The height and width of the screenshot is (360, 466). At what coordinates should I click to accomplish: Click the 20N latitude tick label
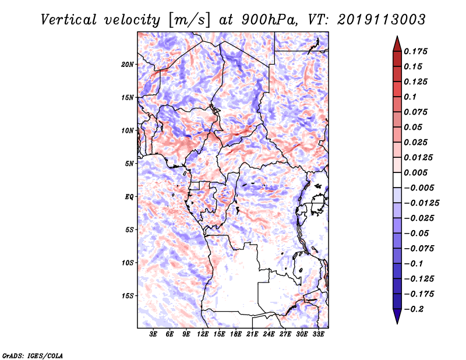[128, 65]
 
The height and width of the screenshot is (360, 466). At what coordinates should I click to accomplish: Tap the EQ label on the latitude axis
[129, 197]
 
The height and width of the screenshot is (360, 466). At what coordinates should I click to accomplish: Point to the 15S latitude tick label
[128, 296]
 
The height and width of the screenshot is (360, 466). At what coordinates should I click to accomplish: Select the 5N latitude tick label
[129, 164]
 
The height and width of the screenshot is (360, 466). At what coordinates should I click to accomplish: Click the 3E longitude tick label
[153, 334]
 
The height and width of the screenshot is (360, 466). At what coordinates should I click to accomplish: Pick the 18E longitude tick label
[236, 334]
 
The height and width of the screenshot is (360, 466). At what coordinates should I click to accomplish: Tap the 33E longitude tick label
[318, 334]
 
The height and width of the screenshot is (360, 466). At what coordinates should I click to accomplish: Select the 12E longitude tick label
[203, 334]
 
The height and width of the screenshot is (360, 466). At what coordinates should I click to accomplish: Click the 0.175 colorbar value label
[415, 51]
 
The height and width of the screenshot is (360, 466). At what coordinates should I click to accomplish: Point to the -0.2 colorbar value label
[414, 309]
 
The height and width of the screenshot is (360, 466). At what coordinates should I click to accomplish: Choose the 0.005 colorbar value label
[415, 172]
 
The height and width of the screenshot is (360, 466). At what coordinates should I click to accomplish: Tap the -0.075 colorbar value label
[419, 249]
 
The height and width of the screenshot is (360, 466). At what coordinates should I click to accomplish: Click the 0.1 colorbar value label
[410, 97]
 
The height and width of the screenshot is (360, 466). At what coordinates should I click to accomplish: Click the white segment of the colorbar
[397, 180]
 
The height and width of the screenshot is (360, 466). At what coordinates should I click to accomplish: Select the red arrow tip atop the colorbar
[397, 36]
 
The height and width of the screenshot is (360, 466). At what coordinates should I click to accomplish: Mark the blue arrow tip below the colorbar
[397, 323]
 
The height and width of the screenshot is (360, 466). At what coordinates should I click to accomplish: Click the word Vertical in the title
[69, 20]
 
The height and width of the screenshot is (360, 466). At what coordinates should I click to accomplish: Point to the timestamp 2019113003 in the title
[382, 20]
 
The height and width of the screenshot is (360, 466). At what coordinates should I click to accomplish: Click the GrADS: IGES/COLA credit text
[33, 355]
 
